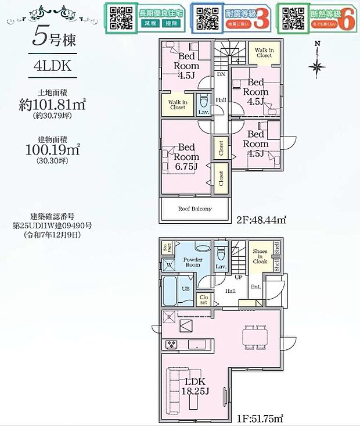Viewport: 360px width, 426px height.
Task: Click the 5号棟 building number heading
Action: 52,38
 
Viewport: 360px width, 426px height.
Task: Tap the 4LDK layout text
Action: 52,66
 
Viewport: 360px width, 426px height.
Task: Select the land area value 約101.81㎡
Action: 53,105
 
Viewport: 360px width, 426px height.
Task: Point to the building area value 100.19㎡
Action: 53,149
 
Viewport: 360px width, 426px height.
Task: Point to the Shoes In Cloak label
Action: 260,256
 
